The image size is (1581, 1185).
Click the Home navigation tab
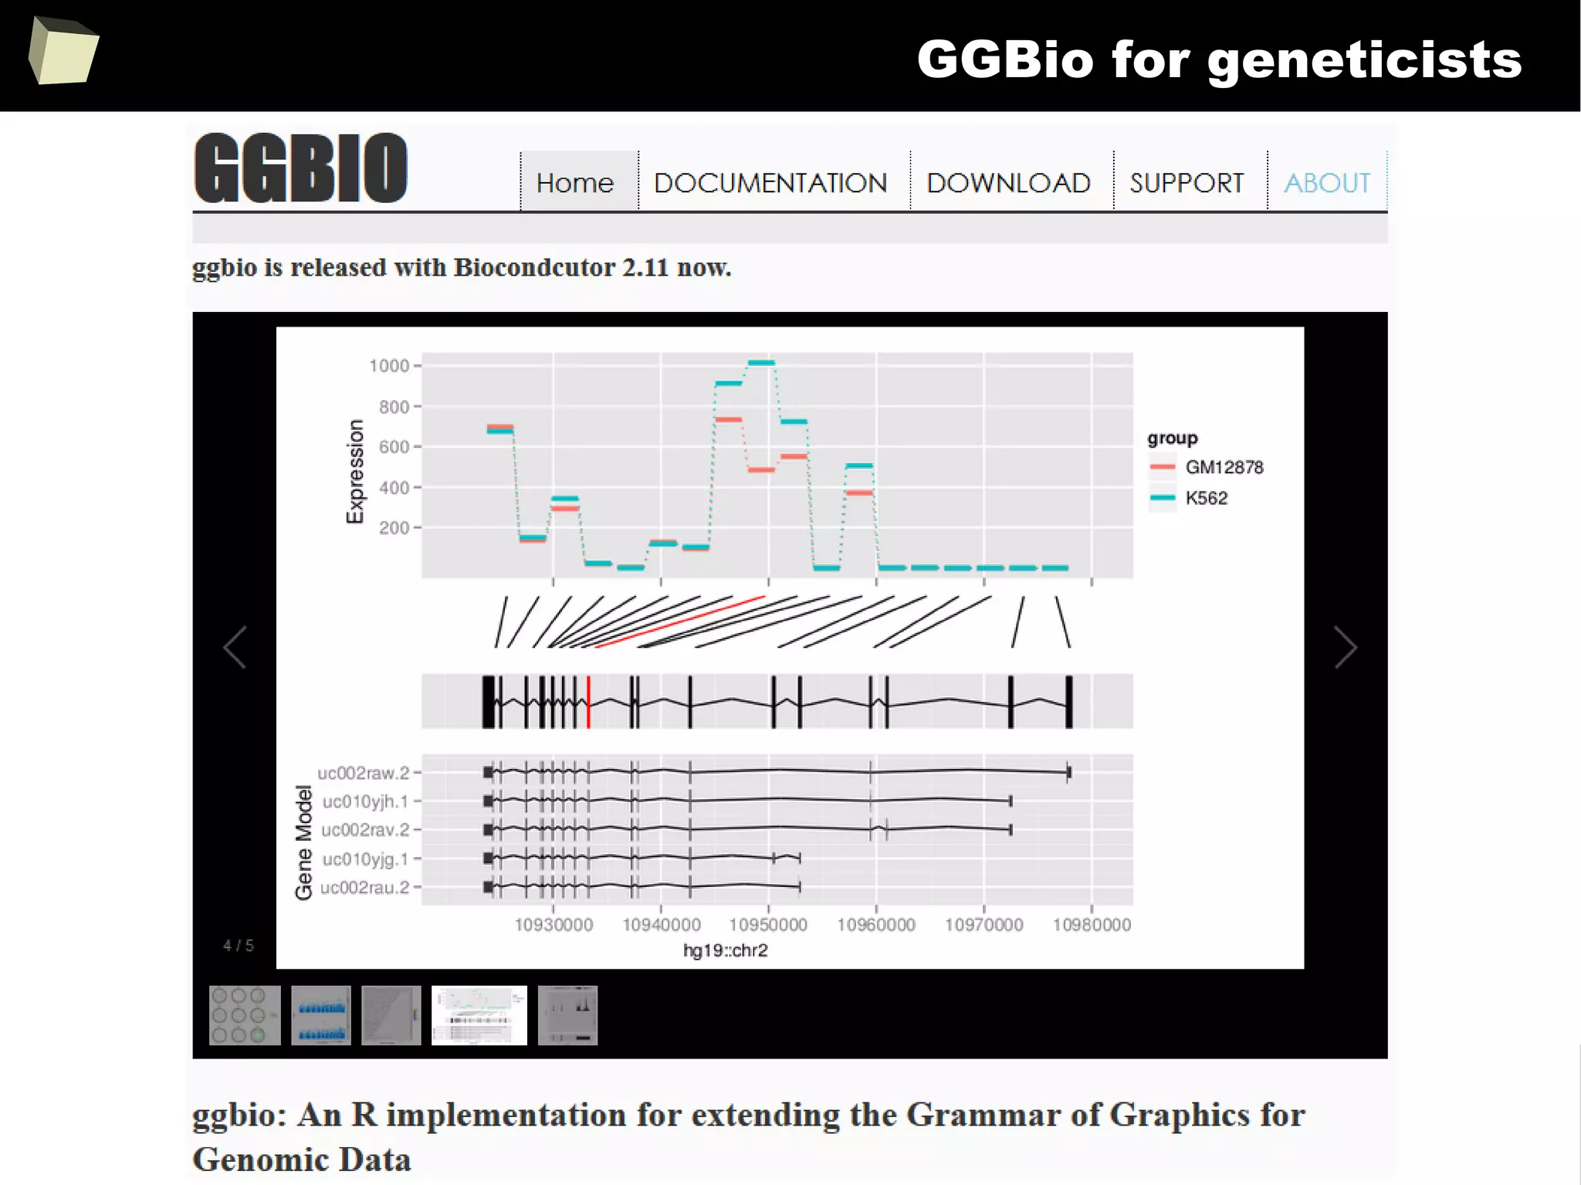(575, 183)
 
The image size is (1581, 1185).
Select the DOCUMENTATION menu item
(770, 183)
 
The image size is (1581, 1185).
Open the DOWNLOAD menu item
(1008, 183)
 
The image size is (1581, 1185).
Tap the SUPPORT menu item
(1187, 183)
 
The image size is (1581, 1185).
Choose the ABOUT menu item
(1327, 183)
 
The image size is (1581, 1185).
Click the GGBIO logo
(301, 168)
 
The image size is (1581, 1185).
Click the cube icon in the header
(63, 51)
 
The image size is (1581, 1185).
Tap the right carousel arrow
(1346, 647)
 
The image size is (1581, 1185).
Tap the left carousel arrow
(235, 647)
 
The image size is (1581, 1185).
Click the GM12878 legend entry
(1224, 467)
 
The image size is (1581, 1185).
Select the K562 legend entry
(1206, 498)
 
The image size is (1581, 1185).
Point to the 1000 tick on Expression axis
(389, 365)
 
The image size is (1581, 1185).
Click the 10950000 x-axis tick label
(768, 924)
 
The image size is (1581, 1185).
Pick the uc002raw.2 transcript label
(363, 773)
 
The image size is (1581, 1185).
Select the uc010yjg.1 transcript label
(364, 858)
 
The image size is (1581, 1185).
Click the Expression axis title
(354, 472)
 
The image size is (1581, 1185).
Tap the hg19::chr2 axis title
(725, 950)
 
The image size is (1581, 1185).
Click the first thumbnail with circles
(245, 1015)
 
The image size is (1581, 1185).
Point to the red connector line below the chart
(679, 621)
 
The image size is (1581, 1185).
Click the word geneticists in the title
(1364, 60)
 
